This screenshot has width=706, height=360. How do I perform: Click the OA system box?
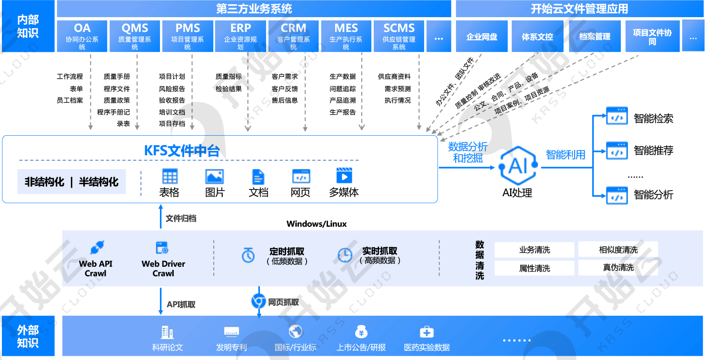point(82,36)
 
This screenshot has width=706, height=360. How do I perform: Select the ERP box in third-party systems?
point(240,36)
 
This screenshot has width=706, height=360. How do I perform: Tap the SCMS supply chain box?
point(399,36)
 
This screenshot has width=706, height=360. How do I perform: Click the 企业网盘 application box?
point(482,36)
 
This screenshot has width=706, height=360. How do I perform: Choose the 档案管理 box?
point(595,36)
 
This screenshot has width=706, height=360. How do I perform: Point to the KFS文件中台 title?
point(182,150)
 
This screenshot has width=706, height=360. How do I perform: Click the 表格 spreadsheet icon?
point(169,177)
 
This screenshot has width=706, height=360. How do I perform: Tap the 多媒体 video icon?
point(344,176)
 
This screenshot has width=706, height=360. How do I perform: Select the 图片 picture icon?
point(214,177)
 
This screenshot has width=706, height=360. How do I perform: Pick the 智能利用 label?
point(566,155)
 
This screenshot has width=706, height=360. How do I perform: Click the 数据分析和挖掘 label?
point(467,152)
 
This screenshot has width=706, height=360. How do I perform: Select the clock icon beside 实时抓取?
point(345,255)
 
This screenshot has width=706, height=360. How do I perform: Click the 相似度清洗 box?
point(618,250)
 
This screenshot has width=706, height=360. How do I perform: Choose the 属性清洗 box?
point(535,268)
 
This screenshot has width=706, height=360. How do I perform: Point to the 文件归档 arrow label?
point(180,219)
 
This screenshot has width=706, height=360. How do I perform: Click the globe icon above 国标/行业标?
point(296,332)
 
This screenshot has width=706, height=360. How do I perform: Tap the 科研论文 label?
point(167,347)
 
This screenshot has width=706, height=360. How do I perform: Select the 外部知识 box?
point(28,336)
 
